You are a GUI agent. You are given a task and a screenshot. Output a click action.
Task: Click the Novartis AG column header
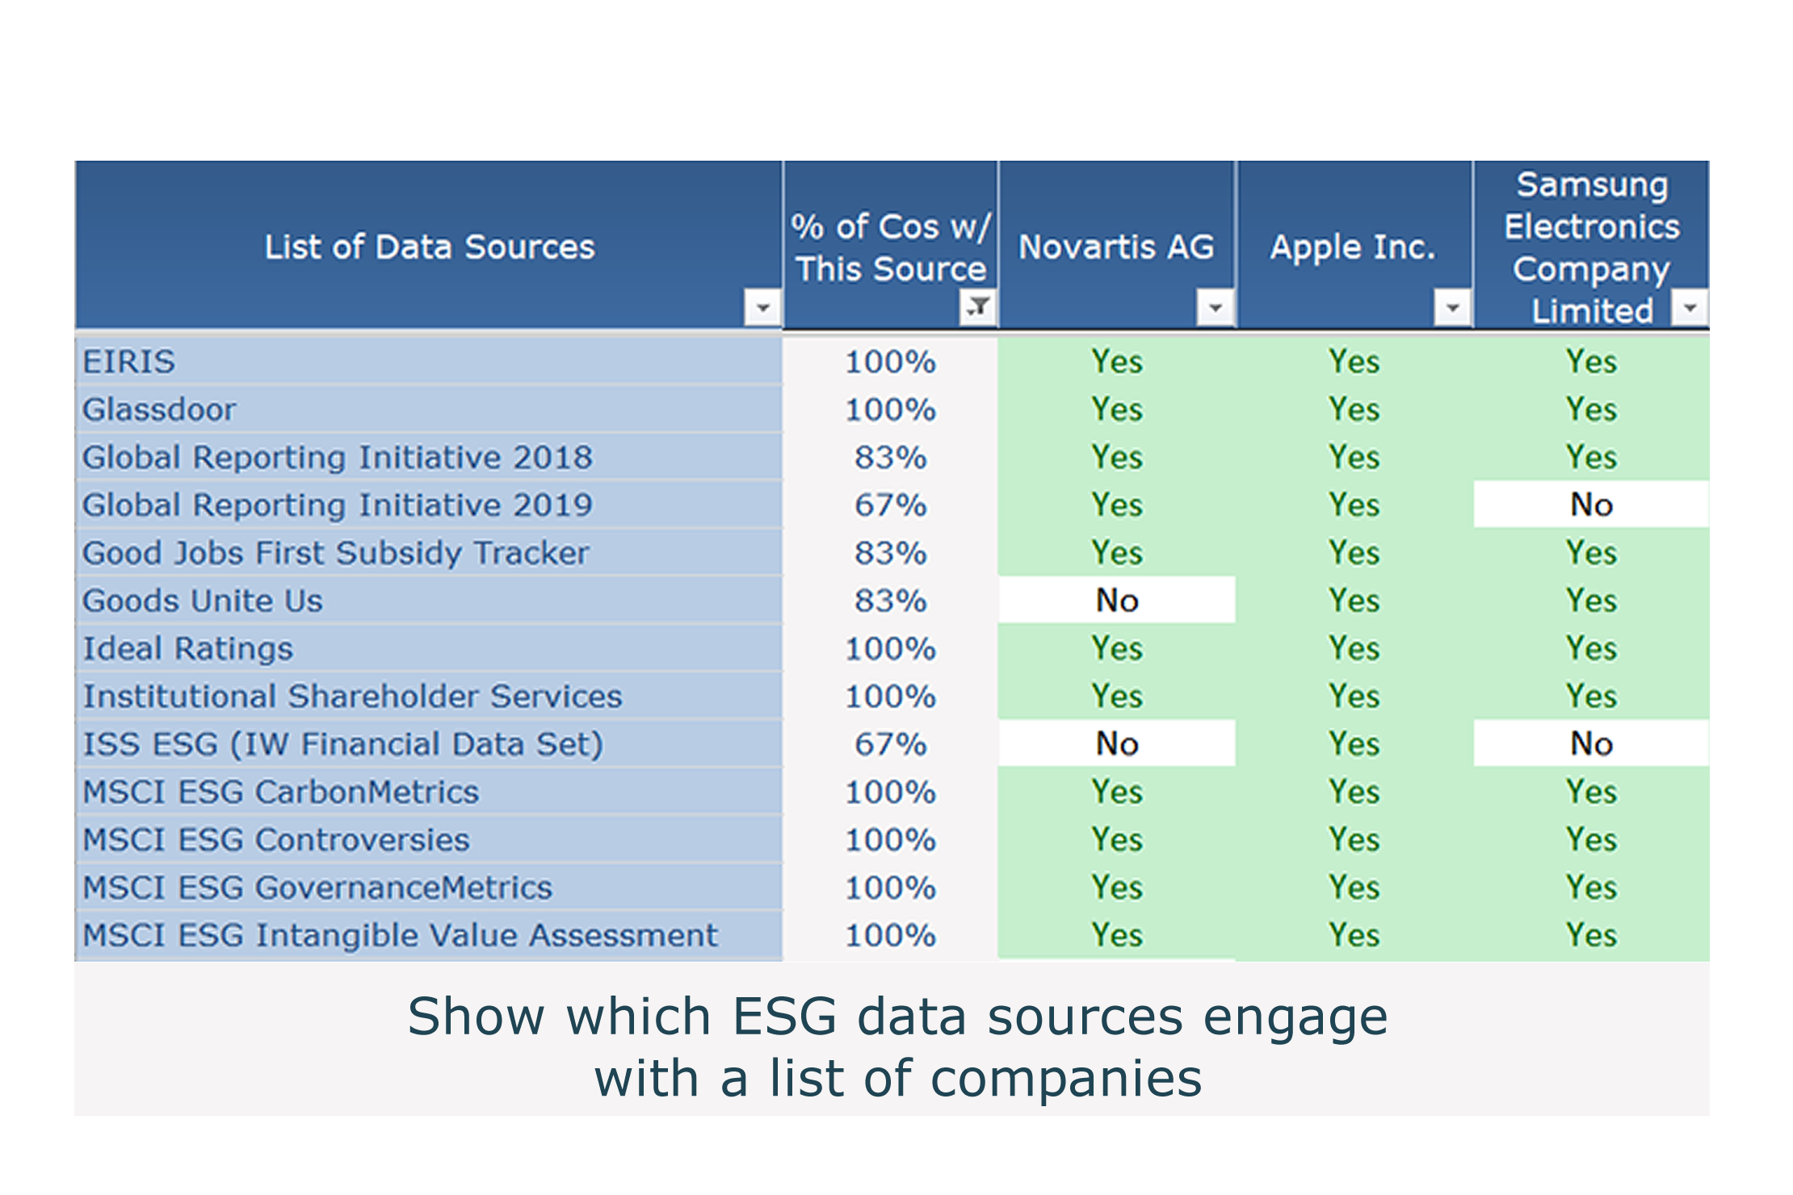[x=1116, y=247]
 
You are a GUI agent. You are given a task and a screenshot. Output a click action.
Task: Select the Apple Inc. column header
[x=1353, y=247]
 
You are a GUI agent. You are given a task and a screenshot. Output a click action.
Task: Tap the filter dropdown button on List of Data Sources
[x=762, y=308]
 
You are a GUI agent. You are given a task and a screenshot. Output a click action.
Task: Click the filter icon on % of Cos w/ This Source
[x=978, y=307]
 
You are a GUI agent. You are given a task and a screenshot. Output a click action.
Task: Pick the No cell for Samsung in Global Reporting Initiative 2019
[x=1591, y=505]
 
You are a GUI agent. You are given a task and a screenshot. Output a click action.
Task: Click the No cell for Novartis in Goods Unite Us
[x=1117, y=600]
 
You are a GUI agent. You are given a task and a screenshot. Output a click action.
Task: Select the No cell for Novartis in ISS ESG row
[x=1117, y=744]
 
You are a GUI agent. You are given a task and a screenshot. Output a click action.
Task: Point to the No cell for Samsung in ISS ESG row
[x=1591, y=744]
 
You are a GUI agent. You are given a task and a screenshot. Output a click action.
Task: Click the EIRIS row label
[x=129, y=362]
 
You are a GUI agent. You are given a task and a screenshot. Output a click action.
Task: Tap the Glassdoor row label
[x=159, y=409]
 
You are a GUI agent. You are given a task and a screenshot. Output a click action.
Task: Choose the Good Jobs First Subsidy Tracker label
[x=336, y=553]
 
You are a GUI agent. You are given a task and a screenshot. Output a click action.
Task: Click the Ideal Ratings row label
[x=188, y=648]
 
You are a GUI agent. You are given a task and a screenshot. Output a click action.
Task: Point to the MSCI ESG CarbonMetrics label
[x=281, y=792]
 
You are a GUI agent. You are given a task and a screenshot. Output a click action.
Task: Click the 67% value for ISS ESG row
[x=891, y=744]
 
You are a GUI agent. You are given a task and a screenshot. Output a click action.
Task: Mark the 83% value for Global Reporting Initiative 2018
[x=891, y=457]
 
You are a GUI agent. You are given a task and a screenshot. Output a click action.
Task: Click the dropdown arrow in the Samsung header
[x=1690, y=308]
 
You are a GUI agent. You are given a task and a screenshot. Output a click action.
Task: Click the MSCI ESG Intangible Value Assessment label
[x=401, y=935]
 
